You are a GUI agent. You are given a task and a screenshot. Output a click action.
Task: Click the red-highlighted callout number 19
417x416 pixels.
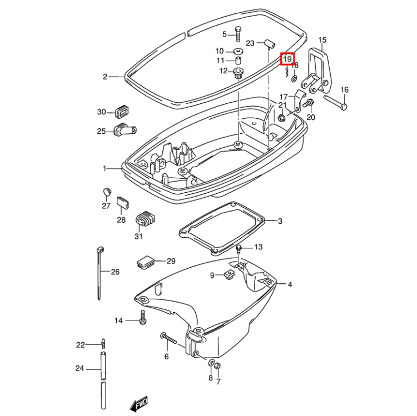point(287,59)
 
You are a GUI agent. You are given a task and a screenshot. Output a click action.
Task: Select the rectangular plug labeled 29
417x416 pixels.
point(146,260)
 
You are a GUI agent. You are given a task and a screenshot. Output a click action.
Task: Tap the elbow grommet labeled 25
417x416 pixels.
point(126,131)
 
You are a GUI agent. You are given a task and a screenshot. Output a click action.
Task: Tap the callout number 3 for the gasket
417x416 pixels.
point(280,221)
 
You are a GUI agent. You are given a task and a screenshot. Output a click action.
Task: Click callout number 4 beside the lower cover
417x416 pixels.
point(289,284)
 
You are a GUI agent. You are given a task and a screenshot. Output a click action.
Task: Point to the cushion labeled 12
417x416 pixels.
point(238,72)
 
